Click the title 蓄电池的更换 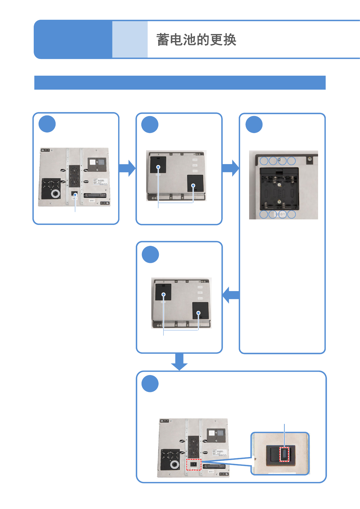click(x=196, y=40)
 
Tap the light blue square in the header click(x=130, y=39)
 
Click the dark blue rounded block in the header click(x=73, y=39)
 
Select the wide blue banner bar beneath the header click(x=180, y=83)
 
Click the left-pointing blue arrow click(x=231, y=295)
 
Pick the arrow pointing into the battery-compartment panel click(x=231, y=168)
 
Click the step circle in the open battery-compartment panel click(x=254, y=125)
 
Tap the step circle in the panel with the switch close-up click(x=150, y=384)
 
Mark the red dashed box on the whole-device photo click(x=194, y=465)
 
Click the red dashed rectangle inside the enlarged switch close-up click(x=284, y=454)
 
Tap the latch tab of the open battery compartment click(x=279, y=171)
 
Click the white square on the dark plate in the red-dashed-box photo click(x=211, y=433)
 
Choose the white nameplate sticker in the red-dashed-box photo click(x=219, y=453)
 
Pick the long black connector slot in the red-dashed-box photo click(x=214, y=466)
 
